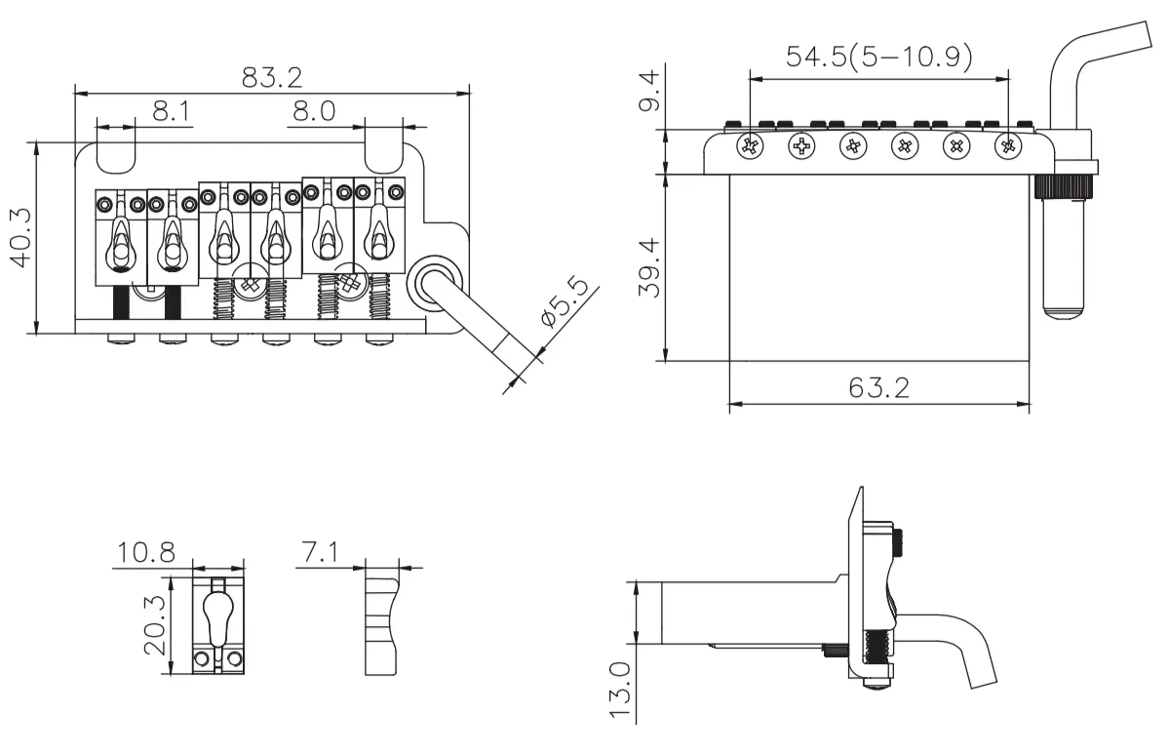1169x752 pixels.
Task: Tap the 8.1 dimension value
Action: pyautogui.click(x=171, y=111)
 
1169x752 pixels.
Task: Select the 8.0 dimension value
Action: pyautogui.click(x=313, y=111)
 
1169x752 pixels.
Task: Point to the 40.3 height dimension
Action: pyautogui.click(x=20, y=238)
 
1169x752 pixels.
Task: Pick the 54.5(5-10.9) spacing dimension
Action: pyautogui.click(x=878, y=57)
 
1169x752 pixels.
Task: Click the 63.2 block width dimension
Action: pyautogui.click(x=878, y=387)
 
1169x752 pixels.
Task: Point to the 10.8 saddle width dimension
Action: pyautogui.click(x=146, y=553)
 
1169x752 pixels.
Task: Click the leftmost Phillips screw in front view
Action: pyautogui.click(x=751, y=146)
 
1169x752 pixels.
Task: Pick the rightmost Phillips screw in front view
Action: pyautogui.click(x=1007, y=146)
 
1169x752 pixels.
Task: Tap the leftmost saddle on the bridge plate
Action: pyautogui.click(x=120, y=238)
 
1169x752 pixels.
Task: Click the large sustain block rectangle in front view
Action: pyautogui.click(x=878, y=267)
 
